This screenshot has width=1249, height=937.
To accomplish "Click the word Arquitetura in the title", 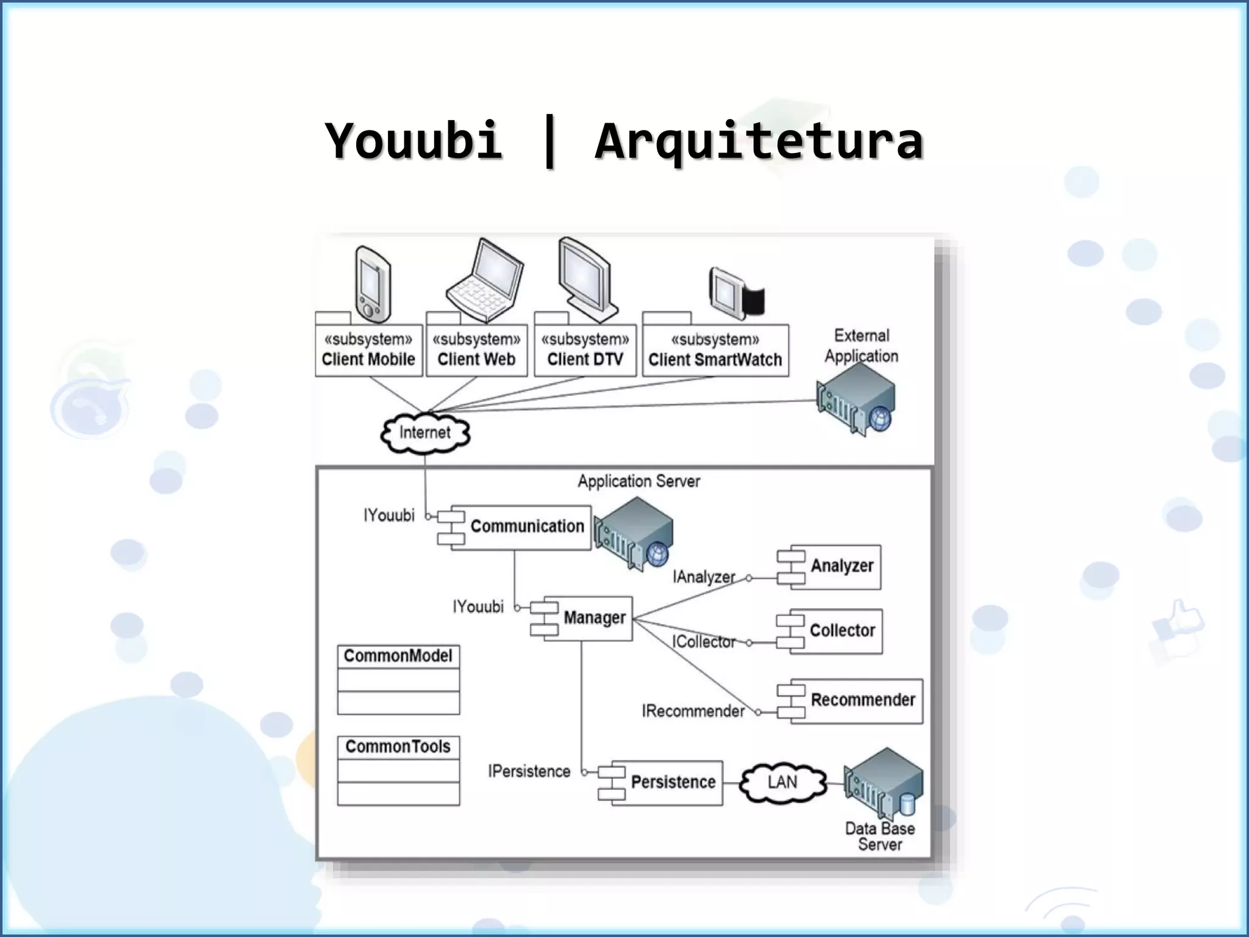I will [x=759, y=142].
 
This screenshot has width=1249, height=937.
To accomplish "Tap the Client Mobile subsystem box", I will [x=368, y=350].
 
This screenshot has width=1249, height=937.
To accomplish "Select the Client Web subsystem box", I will [x=476, y=350].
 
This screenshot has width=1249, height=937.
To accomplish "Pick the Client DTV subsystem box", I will [x=585, y=350].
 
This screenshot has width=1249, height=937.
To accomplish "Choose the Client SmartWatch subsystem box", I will [x=715, y=350].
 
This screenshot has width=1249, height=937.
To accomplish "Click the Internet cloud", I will [x=425, y=433].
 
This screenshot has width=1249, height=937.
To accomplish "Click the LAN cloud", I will [x=782, y=782].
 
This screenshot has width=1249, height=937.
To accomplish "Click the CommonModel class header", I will [x=398, y=656].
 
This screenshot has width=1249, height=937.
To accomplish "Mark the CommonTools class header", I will [x=398, y=747].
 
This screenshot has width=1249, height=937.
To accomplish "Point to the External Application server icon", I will [x=857, y=400].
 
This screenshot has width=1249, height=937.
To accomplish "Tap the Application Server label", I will [x=639, y=481].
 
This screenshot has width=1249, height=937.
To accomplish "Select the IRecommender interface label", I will [x=693, y=711].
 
